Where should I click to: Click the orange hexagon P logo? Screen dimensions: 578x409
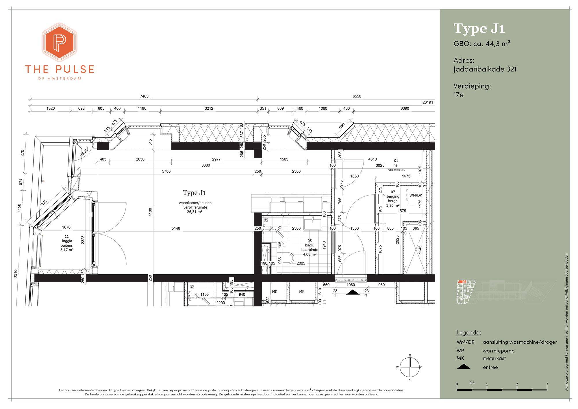(60, 42)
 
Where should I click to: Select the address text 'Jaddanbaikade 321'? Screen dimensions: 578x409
(485, 69)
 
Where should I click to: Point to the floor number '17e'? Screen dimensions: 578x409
(458, 95)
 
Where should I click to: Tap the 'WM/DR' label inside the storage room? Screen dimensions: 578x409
(416, 195)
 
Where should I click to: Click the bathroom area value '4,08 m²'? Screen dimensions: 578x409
(310, 254)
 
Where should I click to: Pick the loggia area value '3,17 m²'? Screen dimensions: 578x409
(67, 250)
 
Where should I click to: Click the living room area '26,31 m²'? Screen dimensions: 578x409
(194, 212)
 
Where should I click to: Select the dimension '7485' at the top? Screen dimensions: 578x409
(144, 96)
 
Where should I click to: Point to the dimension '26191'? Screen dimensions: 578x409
(428, 102)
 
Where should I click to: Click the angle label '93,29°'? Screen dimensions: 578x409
(84, 152)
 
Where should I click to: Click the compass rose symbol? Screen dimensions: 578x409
(410, 367)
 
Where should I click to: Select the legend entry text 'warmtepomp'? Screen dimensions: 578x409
(499, 351)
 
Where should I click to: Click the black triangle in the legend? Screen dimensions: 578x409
(464, 367)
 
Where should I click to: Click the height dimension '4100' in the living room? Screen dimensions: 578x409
(151, 213)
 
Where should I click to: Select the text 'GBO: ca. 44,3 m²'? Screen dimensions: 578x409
(482, 44)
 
